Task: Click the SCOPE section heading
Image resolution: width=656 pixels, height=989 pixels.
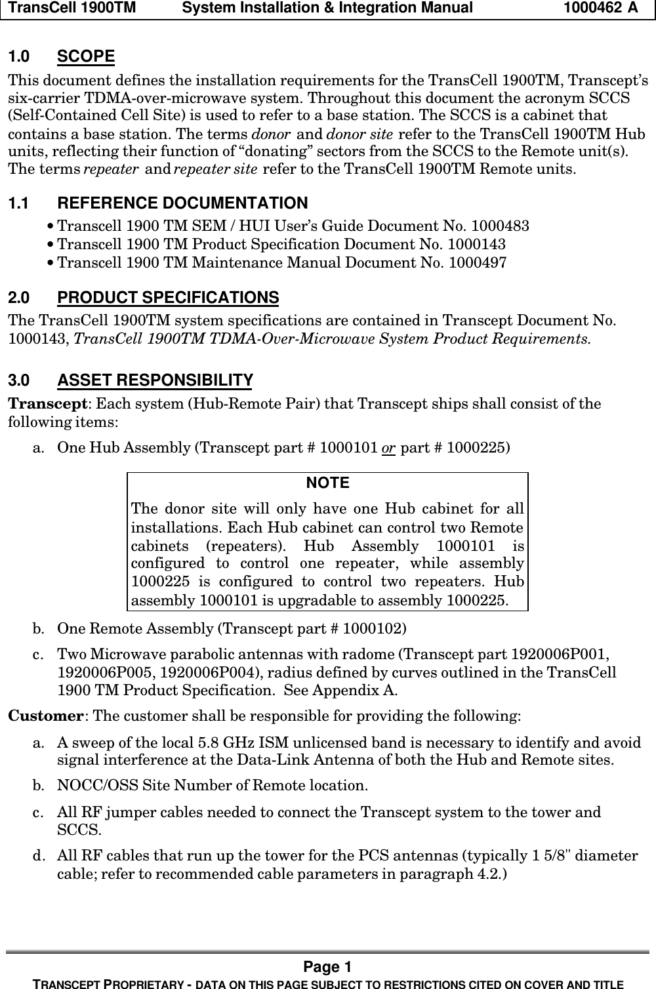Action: pyautogui.click(x=85, y=57)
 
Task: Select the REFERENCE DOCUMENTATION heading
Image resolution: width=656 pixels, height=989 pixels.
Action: pyautogui.click(x=182, y=204)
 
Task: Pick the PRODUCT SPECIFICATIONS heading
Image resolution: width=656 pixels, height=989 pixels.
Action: pyautogui.click(x=168, y=298)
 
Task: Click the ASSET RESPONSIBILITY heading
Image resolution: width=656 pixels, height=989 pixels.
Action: pyautogui.click(x=155, y=381)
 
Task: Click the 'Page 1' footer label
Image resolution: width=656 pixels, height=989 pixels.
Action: pyautogui.click(x=327, y=967)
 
